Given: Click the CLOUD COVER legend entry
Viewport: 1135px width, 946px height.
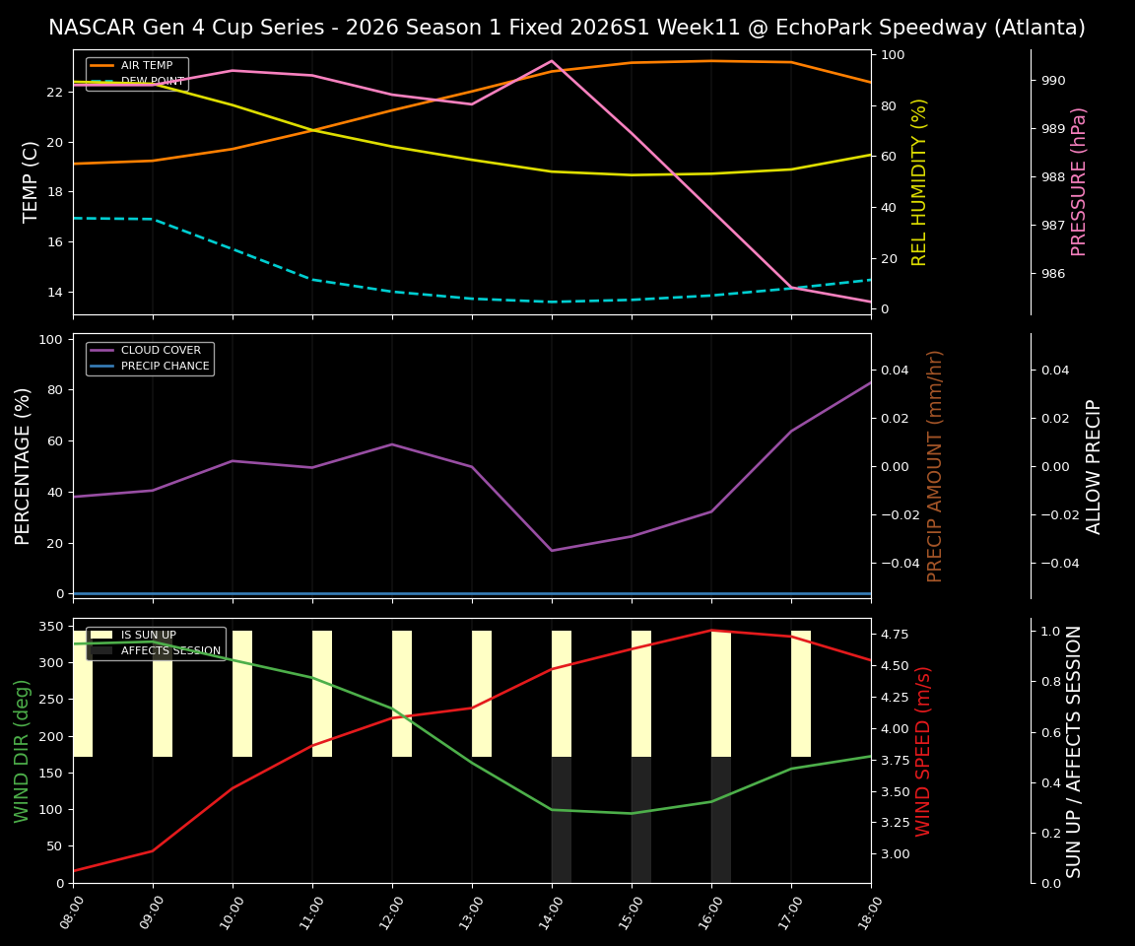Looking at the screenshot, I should (160, 351).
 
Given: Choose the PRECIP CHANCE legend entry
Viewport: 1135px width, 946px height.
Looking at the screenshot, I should (165, 367).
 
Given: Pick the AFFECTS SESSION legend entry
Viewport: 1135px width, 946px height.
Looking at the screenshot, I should (169, 651).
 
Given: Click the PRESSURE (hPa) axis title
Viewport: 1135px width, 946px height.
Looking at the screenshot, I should (1079, 181).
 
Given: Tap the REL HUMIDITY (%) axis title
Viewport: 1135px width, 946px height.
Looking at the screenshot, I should (919, 181).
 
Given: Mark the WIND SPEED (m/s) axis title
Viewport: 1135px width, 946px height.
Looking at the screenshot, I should (923, 751).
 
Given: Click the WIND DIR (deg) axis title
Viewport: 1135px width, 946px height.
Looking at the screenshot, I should (22, 751).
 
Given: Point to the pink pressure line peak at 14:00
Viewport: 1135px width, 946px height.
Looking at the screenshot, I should (552, 61).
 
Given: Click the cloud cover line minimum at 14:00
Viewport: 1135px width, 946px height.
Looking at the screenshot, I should (552, 550).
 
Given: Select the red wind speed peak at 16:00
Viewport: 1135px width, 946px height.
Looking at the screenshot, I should (711, 631).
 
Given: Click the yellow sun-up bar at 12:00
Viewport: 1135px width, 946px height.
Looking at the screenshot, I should (402, 694).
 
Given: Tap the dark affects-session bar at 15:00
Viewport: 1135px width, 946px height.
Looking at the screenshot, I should (641, 820).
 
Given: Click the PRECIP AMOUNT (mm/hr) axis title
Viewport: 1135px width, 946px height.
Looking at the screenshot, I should (935, 466).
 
